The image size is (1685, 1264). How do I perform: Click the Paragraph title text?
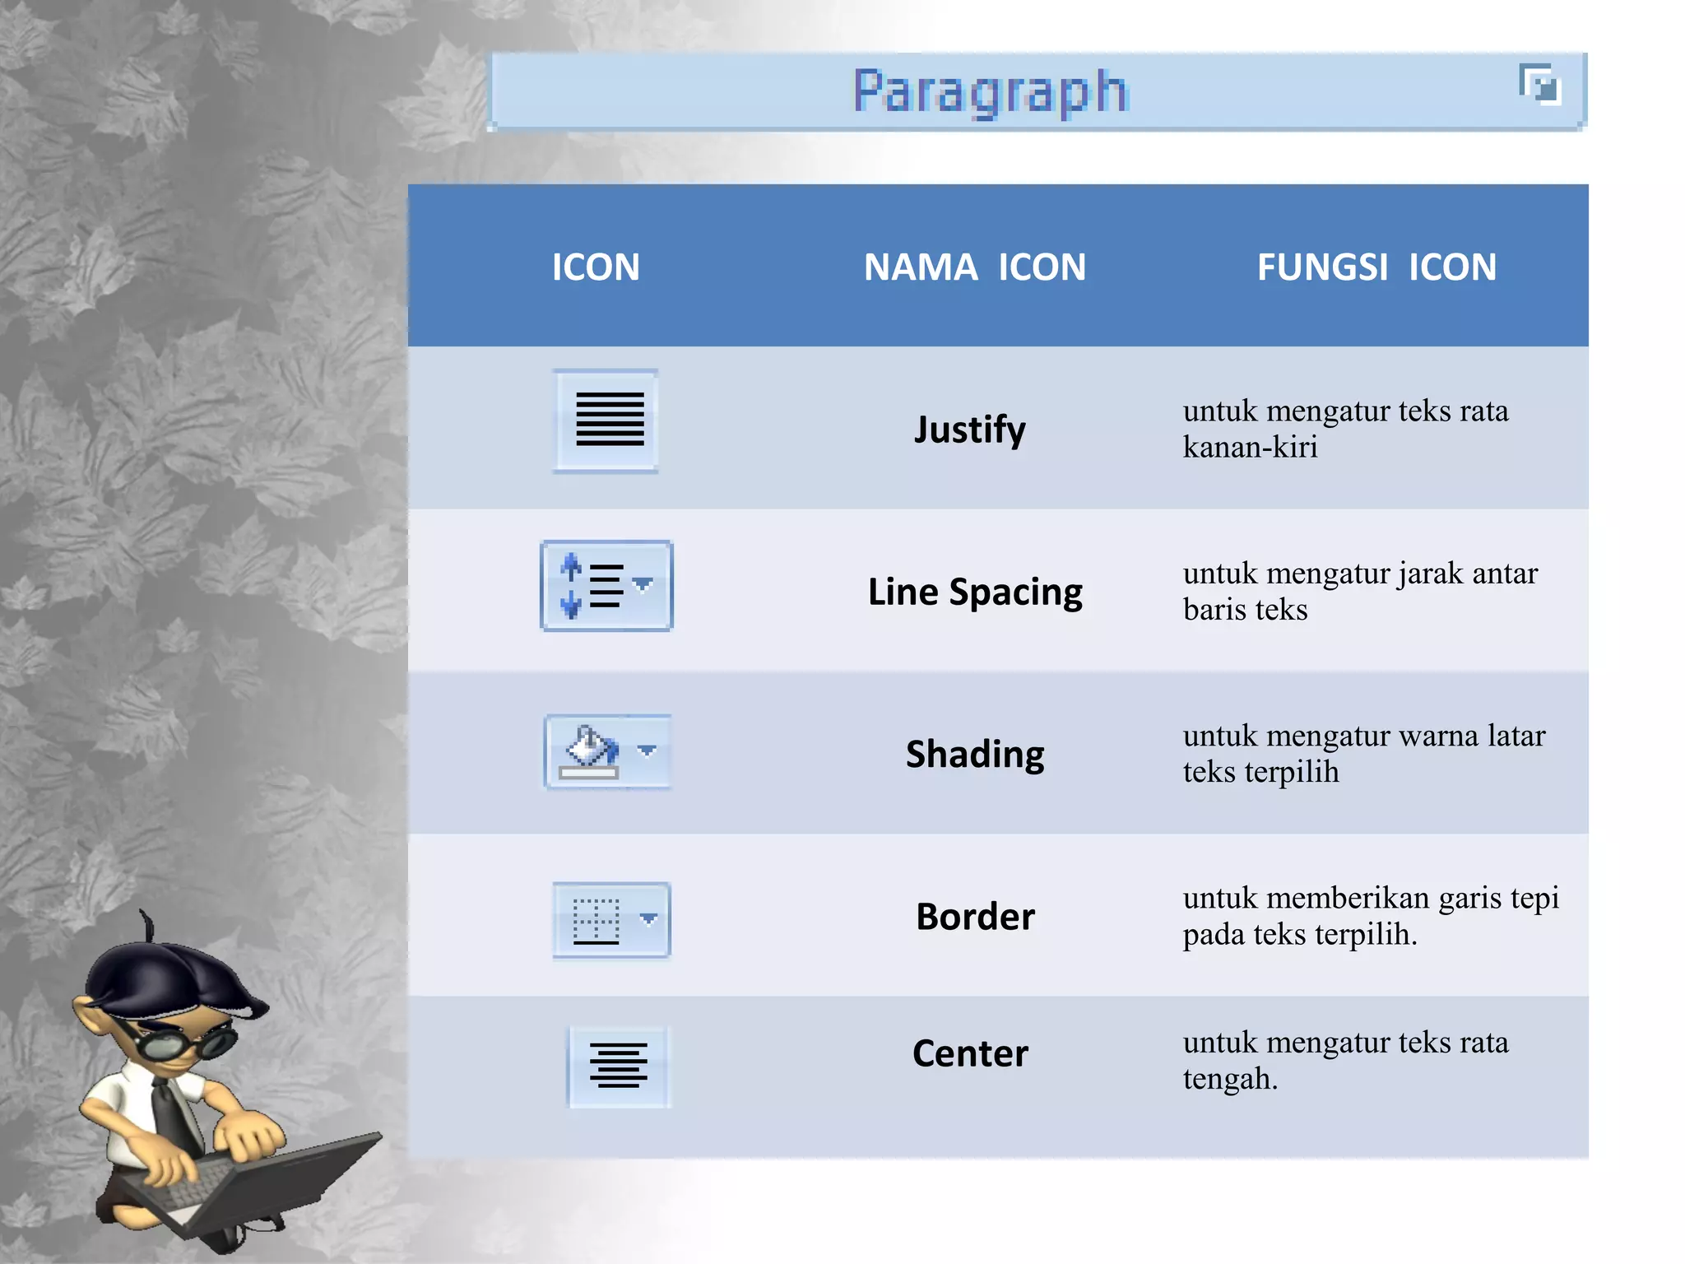point(990,91)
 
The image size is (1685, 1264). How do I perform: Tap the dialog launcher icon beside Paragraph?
point(1539,84)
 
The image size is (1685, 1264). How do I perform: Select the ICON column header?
point(596,267)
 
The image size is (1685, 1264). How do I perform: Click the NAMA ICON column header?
point(974,267)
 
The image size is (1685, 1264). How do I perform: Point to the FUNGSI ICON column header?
point(1376,267)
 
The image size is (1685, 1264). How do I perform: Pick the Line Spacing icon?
point(606,586)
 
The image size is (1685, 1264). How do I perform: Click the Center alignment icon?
point(619,1066)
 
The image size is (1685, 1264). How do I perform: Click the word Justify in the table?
point(970,430)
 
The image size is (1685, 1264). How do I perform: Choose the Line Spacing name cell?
point(975,592)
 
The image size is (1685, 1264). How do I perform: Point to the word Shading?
point(975,754)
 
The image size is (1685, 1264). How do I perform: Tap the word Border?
point(975,917)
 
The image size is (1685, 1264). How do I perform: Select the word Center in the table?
point(970,1053)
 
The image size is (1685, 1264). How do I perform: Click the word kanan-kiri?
point(1250,448)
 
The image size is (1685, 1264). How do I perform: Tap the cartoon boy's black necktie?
point(177,1115)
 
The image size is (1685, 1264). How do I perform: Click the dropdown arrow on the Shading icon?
point(648,750)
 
